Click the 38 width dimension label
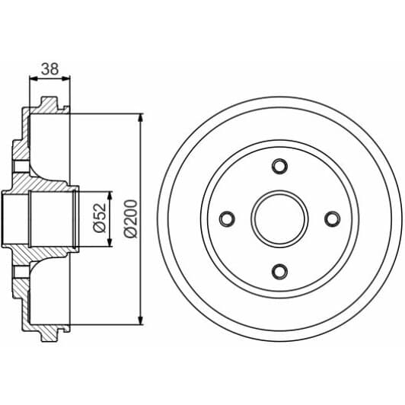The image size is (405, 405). [x=49, y=68]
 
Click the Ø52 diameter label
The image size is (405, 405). [x=99, y=218]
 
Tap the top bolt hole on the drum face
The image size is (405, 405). [x=279, y=166]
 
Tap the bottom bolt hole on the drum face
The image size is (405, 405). [x=279, y=271]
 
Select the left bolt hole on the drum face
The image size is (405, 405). [x=227, y=218]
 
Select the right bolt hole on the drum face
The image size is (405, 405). [x=332, y=218]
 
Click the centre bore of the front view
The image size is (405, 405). [x=279, y=218]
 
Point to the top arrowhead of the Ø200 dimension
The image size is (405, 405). [x=141, y=119]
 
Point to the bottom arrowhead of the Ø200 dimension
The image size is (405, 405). [x=141, y=319]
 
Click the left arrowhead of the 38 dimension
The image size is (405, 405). [x=33, y=77]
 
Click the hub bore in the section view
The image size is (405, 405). [x=53, y=218]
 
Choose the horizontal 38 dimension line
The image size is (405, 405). [x=49, y=77]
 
